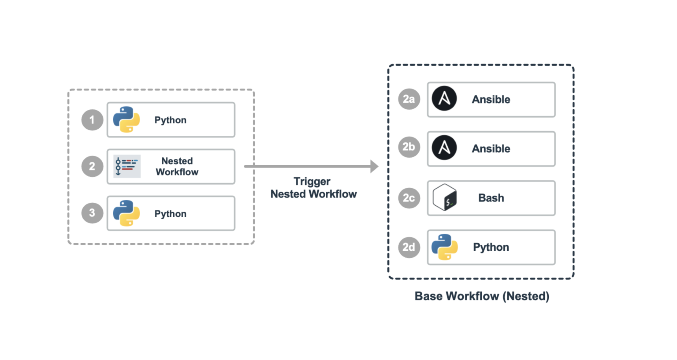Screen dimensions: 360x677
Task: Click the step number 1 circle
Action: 92,120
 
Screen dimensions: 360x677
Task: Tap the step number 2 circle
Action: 92,166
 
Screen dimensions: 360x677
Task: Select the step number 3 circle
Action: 92,213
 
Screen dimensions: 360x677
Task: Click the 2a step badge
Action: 409,99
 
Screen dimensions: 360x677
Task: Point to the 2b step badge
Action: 409,147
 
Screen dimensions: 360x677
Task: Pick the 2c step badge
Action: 409,198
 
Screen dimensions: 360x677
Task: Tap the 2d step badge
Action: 409,247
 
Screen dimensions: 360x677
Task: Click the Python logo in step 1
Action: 126,120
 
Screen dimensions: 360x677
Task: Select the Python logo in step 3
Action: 126,213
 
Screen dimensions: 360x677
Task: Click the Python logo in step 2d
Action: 444,247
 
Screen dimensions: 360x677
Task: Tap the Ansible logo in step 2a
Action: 444,99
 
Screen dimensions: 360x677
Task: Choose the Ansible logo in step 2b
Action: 444,148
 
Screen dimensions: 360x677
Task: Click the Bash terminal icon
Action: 444,197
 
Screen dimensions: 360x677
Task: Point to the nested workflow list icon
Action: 126,166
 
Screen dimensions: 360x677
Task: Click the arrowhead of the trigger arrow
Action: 375,166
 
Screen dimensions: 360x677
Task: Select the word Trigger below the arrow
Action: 312,182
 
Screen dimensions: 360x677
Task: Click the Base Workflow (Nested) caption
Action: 482,296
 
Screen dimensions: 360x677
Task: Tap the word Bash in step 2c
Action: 491,198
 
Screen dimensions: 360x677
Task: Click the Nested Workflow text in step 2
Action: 177,167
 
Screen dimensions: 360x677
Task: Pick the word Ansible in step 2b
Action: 491,149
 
